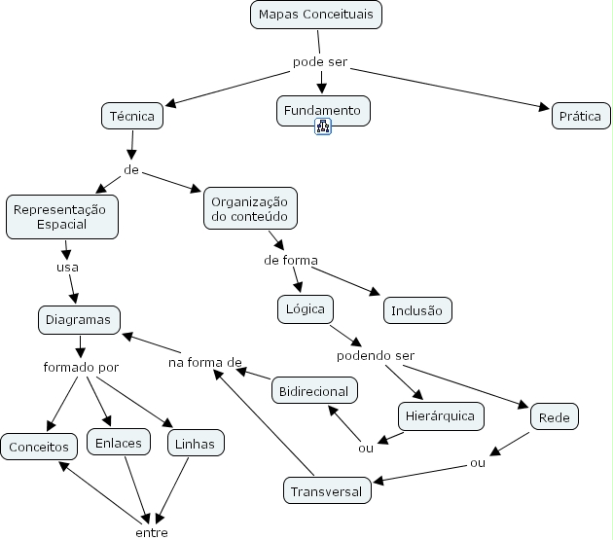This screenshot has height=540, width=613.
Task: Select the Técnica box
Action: pos(131,116)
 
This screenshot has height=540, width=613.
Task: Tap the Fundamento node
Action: pos(322,111)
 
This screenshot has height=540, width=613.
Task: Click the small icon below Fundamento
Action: pos(323,126)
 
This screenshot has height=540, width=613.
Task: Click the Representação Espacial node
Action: pos(62,216)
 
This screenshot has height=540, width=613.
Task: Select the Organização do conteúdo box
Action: pos(250,208)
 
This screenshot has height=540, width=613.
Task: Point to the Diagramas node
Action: pos(79,318)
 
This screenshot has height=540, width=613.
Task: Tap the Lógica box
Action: pos(305,309)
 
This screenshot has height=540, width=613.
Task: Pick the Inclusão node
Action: pos(416,310)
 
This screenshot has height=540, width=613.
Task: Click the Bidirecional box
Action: pos(314,390)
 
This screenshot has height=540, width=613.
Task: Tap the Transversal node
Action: pos(327,491)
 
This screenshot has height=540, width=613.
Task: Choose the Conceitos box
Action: pos(39,447)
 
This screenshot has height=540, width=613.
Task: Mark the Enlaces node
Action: pos(119,443)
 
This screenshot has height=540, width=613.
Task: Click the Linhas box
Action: pos(196,444)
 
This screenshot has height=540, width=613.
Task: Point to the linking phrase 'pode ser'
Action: pos(320,63)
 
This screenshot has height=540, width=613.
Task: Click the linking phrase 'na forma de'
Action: pos(204,363)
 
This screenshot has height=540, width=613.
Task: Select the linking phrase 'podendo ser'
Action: pos(376,355)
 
